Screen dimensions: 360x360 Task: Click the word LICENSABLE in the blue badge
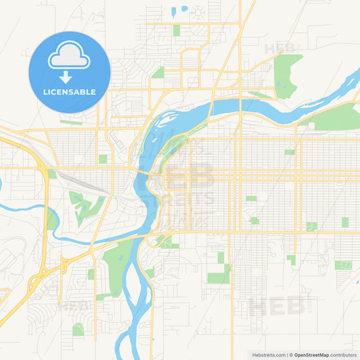pos(69,92)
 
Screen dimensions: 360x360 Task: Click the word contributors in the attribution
pos(344,355)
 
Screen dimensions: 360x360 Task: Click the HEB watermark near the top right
pos(278,48)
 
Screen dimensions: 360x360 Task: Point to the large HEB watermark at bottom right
pos(276,307)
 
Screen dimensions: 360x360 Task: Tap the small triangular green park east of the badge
pos(158,72)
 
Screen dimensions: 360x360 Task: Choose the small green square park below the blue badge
pos(103,159)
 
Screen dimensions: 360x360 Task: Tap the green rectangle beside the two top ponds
pos(176,30)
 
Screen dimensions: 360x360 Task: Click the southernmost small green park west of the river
pos(78,329)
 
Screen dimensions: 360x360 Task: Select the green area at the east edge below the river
pos(338,118)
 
